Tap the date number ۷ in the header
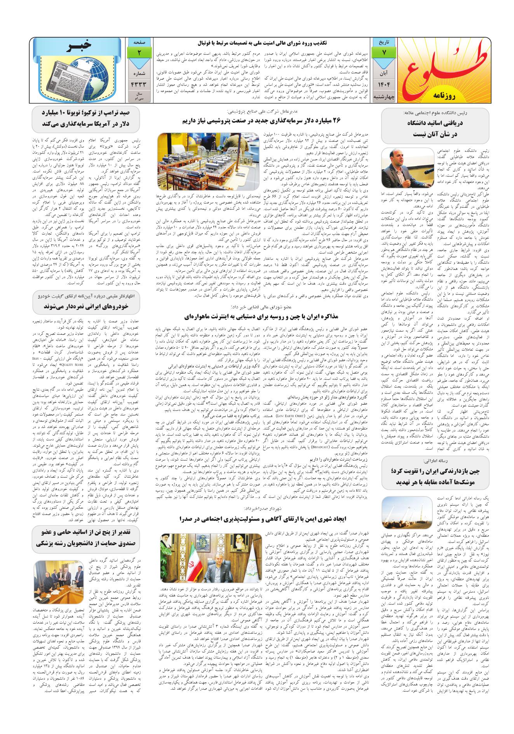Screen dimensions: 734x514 point(383,52)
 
